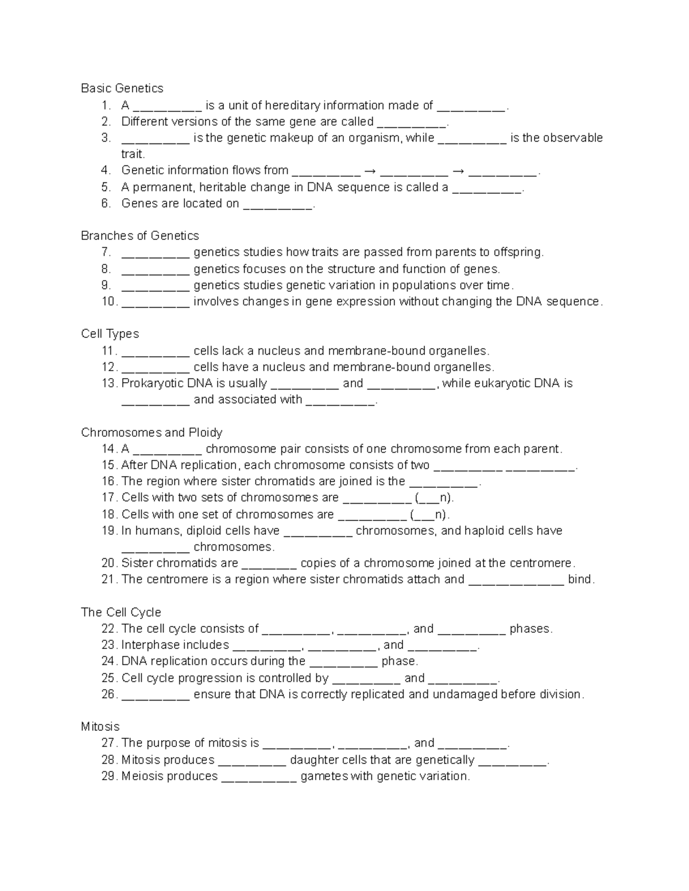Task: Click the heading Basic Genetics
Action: pyautogui.click(x=122, y=88)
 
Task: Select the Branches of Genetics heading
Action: pyautogui.click(x=140, y=236)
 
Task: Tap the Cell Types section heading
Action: pyautogui.click(x=110, y=334)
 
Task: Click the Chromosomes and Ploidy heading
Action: pyautogui.click(x=152, y=433)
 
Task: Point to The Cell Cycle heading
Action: pyautogui.click(x=121, y=612)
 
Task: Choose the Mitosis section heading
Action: pyautogui.click(x=100, y=727)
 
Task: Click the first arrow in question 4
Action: pyautogui.click(x=370, y=171)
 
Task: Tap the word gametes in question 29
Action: pyautogui.click(x=324, y=776)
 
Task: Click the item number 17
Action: pyautogui.click(x=109, y=497)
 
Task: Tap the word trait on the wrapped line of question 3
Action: pyautogui.click(x=133, y=154)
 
